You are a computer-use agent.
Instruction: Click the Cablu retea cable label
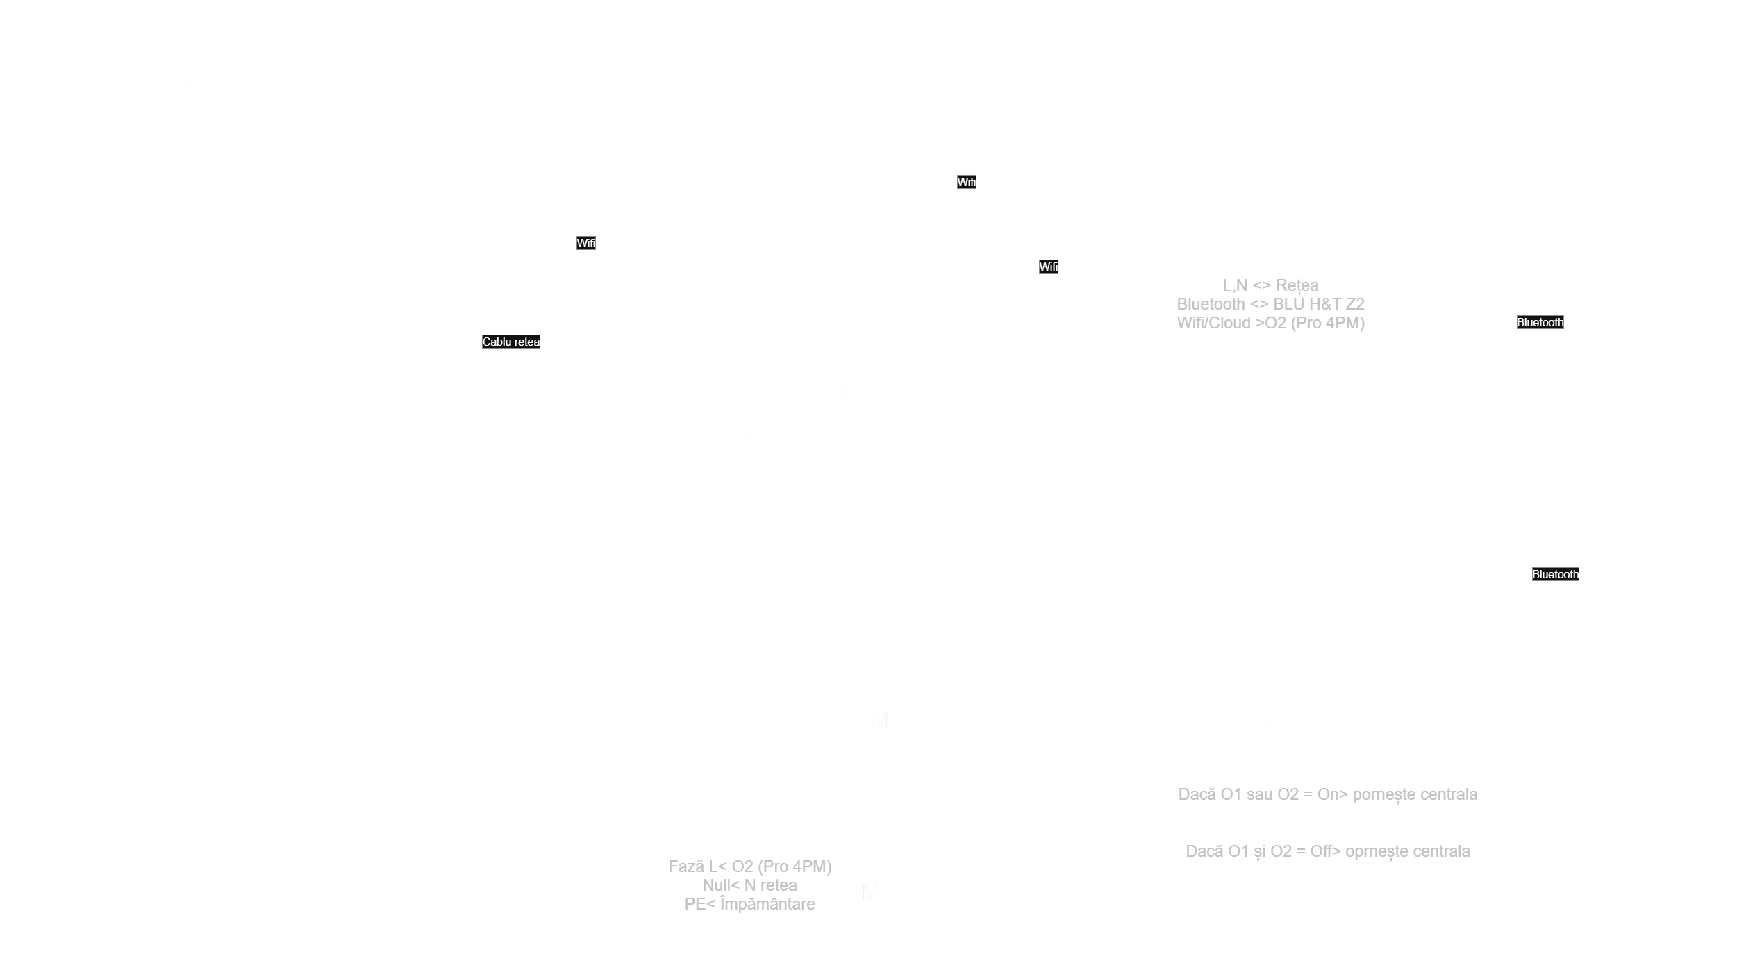click(x=511, y=342)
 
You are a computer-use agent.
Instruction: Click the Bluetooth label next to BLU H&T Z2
click(x=1555, y=574)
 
